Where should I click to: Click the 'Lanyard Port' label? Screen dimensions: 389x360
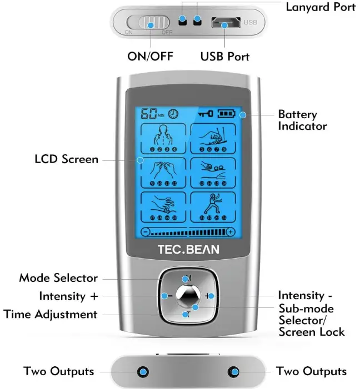[320, 7]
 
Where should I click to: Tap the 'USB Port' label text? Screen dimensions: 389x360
[224, 57]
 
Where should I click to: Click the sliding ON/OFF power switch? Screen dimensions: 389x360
[149, 23]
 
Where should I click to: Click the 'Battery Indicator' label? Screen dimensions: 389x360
[302, 120]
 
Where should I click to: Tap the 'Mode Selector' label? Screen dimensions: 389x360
[58, 278]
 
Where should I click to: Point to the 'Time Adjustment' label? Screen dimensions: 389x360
[51, 314]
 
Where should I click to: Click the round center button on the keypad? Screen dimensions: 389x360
[187, 295]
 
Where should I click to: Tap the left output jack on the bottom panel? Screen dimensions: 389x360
[143, 371]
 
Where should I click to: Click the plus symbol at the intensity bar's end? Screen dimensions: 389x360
[231, 231]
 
